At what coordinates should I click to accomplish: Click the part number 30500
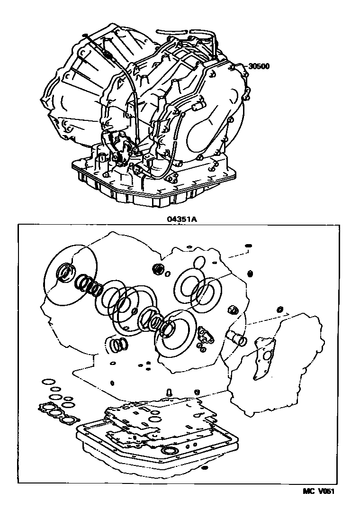(x=259, y=66)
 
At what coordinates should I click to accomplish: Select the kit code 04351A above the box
(x=182, y=219)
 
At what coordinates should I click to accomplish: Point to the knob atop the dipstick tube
(x=85, y=35)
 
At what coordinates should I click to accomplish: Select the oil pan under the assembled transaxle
(x=153, y=185)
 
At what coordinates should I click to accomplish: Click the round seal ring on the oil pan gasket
(x=170, y=450)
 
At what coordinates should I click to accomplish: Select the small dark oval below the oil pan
(x=204, y=468)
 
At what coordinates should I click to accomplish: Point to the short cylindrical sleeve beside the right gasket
(x=239, y=339)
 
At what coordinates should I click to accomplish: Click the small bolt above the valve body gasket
(x=169, y=392)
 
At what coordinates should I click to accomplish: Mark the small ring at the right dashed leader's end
(x=280, y=309)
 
